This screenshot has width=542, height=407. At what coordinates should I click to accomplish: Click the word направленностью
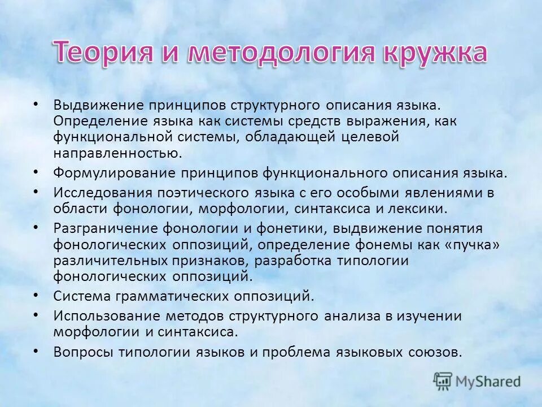[x=118, y=152]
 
